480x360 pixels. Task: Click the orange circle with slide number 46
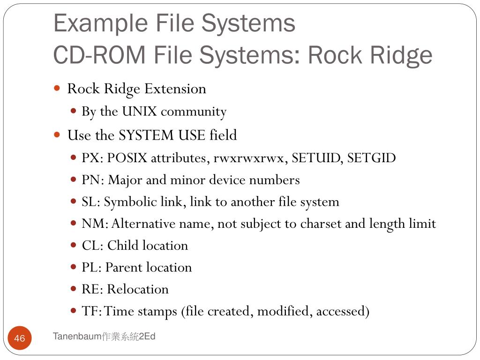click(20, 338)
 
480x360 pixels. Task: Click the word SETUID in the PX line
click(317, 158)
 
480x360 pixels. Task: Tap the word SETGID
click(372, 158)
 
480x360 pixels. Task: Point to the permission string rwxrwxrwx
click(249, 158)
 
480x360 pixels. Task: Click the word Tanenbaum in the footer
click(77, 337)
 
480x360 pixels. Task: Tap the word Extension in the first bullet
click(175, 89)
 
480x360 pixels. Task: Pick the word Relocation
click(138, 289)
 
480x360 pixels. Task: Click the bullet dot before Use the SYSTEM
click(57, 135)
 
